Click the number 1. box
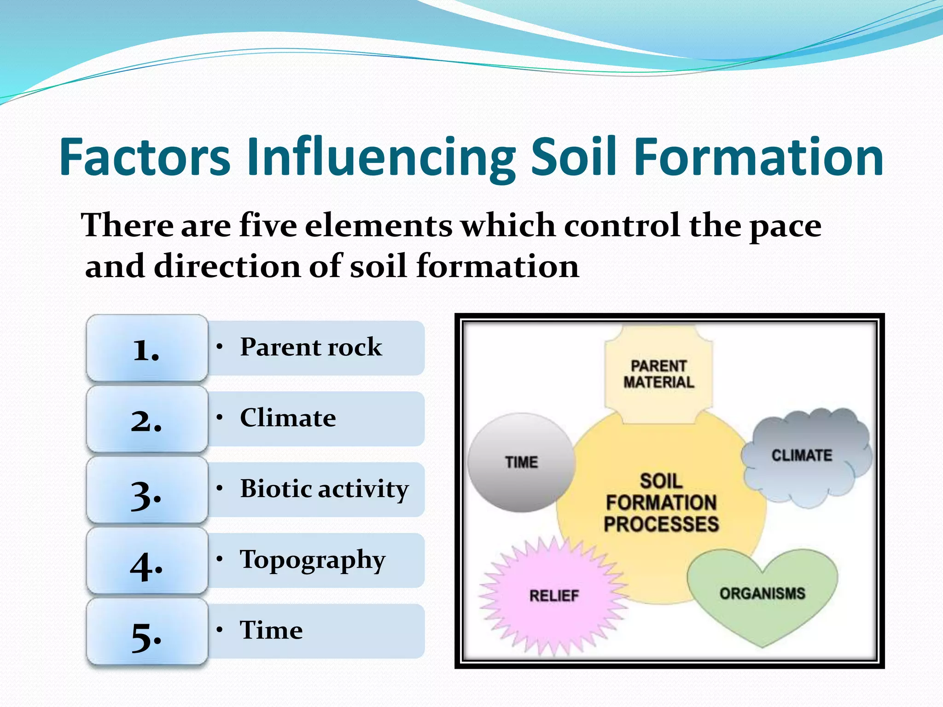click(147, 348)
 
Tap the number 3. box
click(147, 490)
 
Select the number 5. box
click(147, 632)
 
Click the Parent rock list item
click(311, 347)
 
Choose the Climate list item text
click(288, 417)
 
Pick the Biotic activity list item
click(324, 488)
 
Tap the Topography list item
click(313, 560)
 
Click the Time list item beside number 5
click(271, 630)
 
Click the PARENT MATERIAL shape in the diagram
click(658, 374)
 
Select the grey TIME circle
click(521, 462)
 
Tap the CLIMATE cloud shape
click(802, 456)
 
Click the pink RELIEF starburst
click(554, 596)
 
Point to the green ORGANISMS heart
click(763, 594)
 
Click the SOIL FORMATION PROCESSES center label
click(661, 503)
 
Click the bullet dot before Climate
click(220, 417)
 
